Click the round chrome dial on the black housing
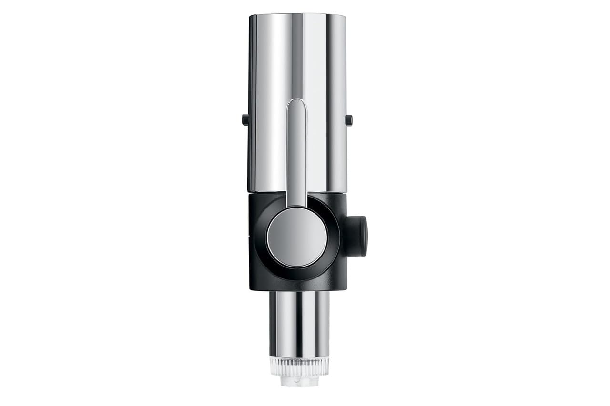[297, 237]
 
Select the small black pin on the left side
[245, 119]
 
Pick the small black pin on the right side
[349, 120]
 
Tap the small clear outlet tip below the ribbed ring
[299, 381]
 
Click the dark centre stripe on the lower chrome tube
[299, 324]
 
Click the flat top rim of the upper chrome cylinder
[297, 15]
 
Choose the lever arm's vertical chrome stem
[296, 152]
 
